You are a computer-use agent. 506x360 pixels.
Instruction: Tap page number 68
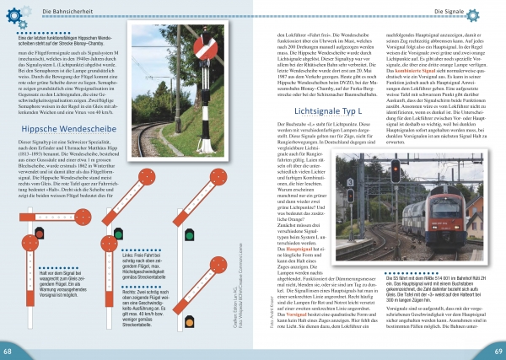click(x=8, y=350)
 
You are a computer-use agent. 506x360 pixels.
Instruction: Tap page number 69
click(x=498, y=350)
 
